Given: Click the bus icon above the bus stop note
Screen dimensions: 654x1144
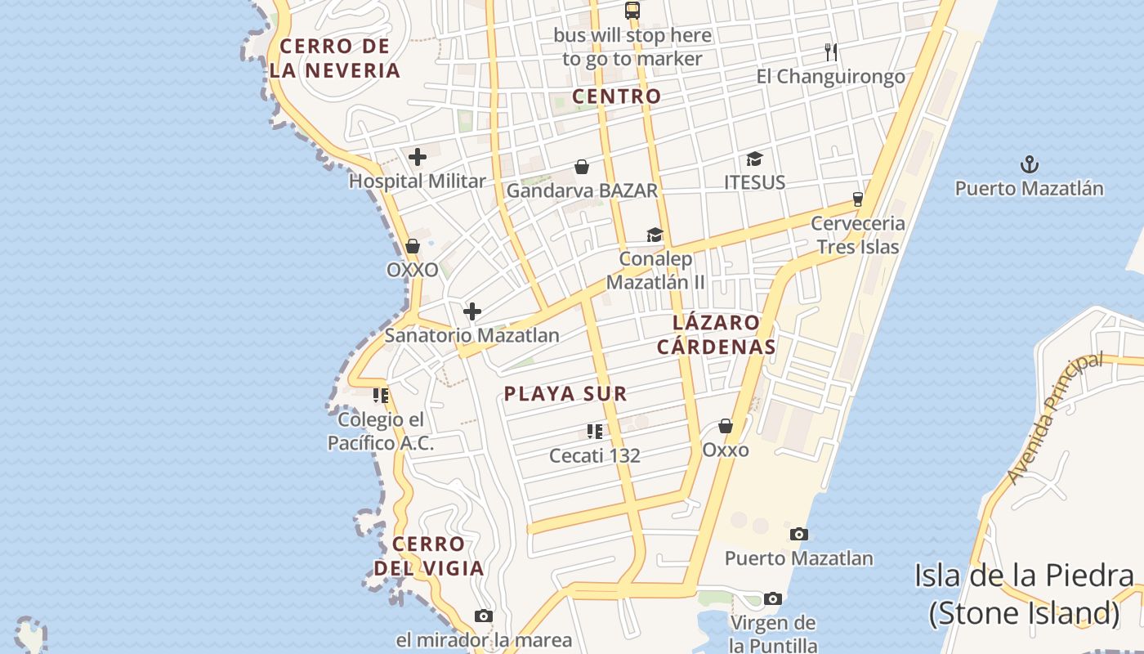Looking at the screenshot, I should coord(632,11).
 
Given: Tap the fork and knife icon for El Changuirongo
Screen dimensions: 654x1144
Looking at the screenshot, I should coord(831,52).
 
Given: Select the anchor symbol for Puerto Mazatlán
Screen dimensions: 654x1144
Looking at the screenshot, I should coord(1029,164).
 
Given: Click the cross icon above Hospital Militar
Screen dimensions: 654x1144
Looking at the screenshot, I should coord(418,157).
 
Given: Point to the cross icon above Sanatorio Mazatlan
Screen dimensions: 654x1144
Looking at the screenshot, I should coord(472,311).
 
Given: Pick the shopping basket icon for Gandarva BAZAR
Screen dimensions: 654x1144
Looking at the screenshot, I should coord(582,168).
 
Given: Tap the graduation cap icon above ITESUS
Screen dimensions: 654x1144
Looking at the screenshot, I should coord(754,159).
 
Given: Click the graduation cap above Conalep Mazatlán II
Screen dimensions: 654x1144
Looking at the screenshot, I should coord(655,235).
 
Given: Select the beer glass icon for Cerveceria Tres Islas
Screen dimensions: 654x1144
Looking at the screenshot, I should coord(857,199).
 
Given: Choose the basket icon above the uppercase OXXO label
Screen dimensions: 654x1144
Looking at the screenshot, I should coord(413,246).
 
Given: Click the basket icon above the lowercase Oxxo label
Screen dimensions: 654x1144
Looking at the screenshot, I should coord(725,426).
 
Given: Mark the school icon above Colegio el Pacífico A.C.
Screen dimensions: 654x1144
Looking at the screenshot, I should coord(380,396).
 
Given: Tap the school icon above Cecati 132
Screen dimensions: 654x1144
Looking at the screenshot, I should coord(594,431).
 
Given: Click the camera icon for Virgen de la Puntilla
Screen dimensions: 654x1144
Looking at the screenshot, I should coord(772,599).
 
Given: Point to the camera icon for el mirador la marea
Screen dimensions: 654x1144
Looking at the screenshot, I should coord(484,616).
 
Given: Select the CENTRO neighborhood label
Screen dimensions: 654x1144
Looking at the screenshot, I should coord(616,96).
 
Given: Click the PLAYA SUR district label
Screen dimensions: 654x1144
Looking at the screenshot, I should coord(565,394).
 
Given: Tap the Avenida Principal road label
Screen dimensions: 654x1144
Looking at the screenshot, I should coord(1055,418).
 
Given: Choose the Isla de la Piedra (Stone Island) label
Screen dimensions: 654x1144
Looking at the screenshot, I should coord(1024,594).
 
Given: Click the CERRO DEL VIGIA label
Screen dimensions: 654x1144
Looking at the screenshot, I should coord(429,556).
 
